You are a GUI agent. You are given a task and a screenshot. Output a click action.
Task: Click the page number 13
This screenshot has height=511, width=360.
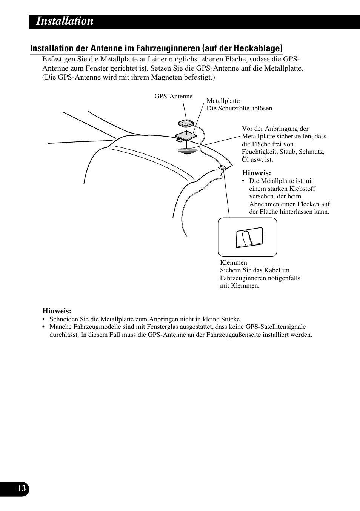tap(22, 489)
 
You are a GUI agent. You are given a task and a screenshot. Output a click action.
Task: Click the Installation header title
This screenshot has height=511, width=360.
tap(65, 21)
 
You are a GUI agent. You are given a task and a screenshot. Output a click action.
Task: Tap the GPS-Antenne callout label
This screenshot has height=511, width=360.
tap(173, 97)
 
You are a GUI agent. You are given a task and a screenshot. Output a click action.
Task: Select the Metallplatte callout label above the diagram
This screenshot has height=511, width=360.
tap(223, 101)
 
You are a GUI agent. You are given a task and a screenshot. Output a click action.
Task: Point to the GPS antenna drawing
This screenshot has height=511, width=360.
tap(186, 123)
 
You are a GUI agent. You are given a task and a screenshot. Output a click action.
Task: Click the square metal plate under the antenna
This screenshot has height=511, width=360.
tap(186, 135)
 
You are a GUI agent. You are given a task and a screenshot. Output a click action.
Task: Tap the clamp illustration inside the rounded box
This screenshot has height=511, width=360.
tap(249, 238)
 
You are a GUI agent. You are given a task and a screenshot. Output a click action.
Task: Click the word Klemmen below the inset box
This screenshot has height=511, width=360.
tap(233, 262)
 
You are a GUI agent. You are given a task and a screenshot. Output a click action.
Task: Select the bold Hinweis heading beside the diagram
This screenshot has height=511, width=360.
tap(256, 173)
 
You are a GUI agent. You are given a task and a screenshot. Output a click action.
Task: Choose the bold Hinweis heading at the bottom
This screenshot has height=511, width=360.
tap(56, 311)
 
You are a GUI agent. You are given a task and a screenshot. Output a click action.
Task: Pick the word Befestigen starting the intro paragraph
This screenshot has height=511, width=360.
tap(57, 59)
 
